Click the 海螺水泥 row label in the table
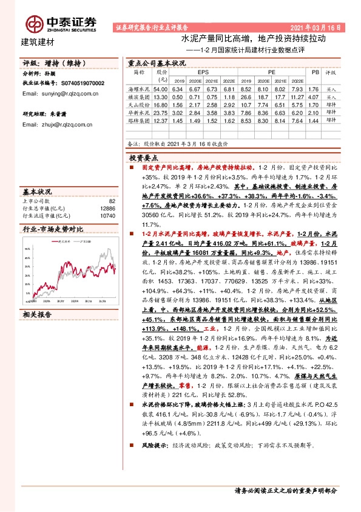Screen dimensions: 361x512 (141, 88)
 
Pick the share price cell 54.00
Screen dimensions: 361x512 (160, 88)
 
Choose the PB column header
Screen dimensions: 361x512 (314, 72)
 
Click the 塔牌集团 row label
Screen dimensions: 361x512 (141, 120)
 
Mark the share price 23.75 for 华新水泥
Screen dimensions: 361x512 (160, 112)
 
